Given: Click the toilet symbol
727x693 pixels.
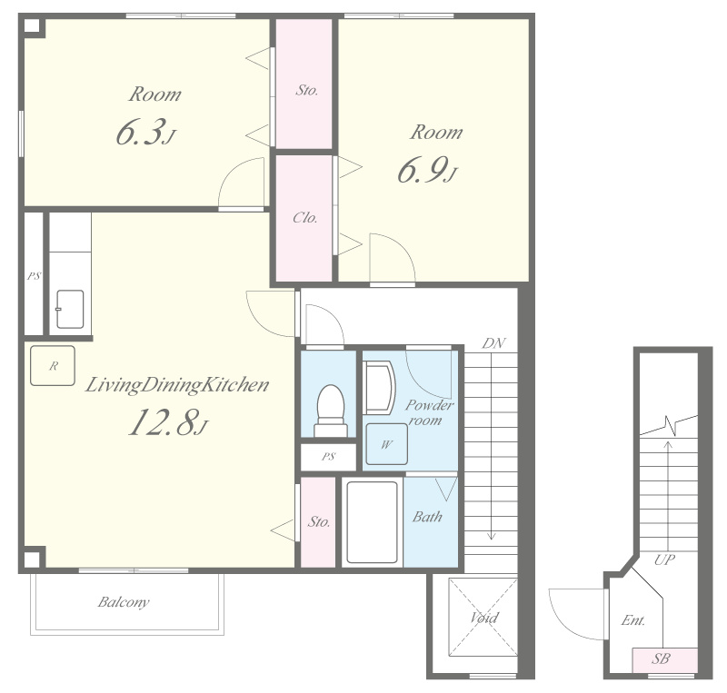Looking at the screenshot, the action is pyautogui.click(x=331, y=411).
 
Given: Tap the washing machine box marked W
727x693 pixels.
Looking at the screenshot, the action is pyautogui.click(x=387, y=444).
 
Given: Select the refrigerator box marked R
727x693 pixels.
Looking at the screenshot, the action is pyautogui.click(x=53, y=366).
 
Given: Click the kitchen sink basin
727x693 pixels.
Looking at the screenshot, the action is pyautogui.click(x=70, y=309).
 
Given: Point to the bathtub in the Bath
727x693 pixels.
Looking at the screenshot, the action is pyautogui.click(x=372, y=522).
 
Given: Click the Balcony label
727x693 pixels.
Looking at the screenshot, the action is pyautogui.click(x=124, y=602).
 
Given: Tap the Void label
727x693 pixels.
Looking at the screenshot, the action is pyautogui.click(x=484, y=618).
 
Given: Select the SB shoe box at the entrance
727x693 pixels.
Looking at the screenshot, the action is pyautogui.click(x=665, y=660).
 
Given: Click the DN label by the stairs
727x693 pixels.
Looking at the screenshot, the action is pyautogui.click(x=493, y=343).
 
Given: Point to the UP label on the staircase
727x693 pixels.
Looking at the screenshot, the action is pyautogui.click(x=664, y=560).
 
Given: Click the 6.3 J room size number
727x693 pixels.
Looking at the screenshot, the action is pyautogui.click(x=145, y=132).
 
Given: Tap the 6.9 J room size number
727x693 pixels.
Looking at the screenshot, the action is pyautogui.click(x=427, y=170).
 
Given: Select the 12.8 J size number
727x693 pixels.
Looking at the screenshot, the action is pyautogui.click(x=168, y=422).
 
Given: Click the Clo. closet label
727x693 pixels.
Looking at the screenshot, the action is pyautogui.click(x=305, y=217).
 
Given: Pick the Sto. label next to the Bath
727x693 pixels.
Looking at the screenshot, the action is pyautogui.click(x=319, y=522).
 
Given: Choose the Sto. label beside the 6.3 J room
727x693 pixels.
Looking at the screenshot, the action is pyautogui.click(x=307, y=90).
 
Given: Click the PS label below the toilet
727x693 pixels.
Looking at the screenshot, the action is pyautogui.click(x=328, y=457).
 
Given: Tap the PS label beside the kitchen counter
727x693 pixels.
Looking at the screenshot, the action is pyautogui.click(x=34, y=276).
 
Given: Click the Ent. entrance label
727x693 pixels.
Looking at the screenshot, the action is pyautogui.click(x=633, y=619).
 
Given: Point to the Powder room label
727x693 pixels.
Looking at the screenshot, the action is pyautogui.click(x=429, y=412).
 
